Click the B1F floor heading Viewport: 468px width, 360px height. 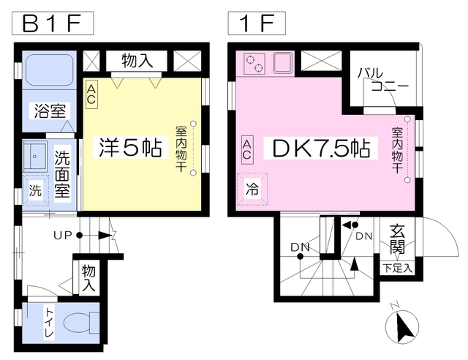[53, 23]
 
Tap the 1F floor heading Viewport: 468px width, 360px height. [257, 23]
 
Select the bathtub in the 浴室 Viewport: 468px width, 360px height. [50, 70]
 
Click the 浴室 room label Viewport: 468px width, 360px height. [50, 110]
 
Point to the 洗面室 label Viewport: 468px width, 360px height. [62, 174]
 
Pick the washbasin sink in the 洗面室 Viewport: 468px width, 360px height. [35, 156]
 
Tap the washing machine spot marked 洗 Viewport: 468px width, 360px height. [36, 190]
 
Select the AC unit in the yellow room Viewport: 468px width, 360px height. [91, 94]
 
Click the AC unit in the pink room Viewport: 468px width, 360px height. [247, 150]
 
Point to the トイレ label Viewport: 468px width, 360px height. [49, 323]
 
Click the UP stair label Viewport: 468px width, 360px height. [63, 236]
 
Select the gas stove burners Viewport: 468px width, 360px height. [254, 64]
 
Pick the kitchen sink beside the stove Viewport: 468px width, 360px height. [283, 63]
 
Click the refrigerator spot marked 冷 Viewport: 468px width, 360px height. [252, 189]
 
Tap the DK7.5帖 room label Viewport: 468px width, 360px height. [321, 148]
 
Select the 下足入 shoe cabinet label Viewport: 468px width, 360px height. [398, 269]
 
